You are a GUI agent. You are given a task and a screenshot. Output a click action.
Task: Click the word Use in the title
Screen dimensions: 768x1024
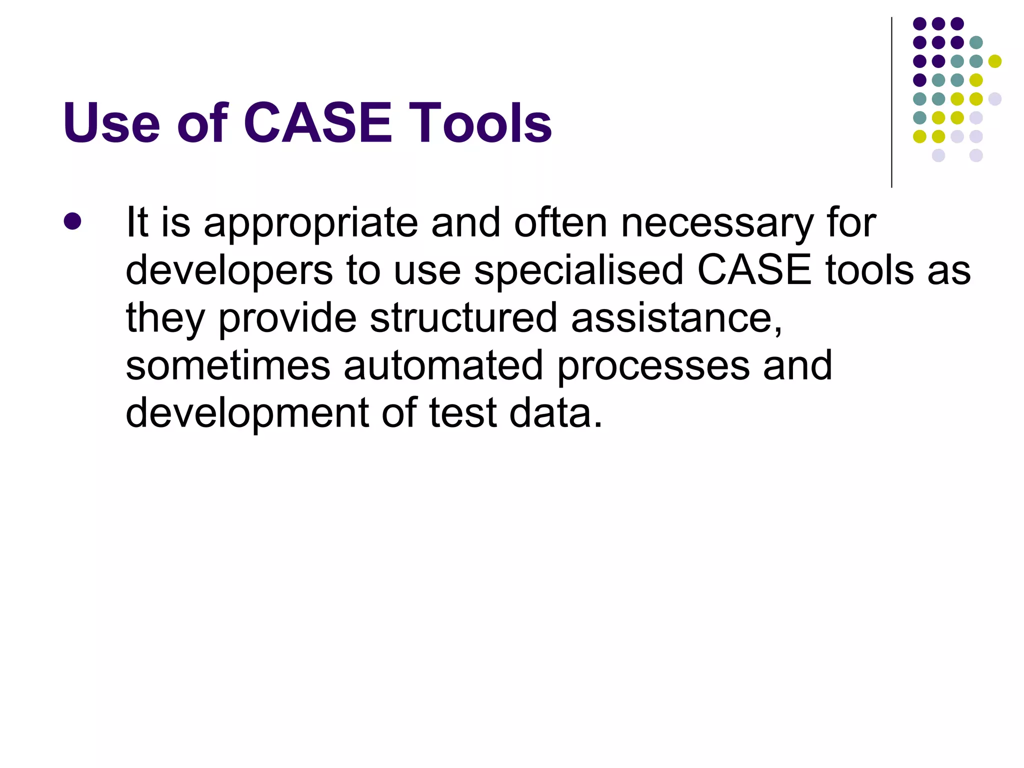click(x=111, y=123)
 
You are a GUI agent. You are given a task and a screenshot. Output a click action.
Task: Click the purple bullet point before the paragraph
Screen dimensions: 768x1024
click(x=72, y=221)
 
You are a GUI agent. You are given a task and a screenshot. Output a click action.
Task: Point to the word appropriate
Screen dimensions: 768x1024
click(x=310, y=223)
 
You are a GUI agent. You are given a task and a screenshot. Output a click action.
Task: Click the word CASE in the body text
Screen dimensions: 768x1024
click(x=754, y=270)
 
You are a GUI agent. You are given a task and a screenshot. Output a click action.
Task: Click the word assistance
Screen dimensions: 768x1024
click(x=676, y=318)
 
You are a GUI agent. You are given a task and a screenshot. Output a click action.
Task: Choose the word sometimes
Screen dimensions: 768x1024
click(x=228, y=365)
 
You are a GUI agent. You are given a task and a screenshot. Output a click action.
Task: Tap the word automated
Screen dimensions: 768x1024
click(x=443, y=365)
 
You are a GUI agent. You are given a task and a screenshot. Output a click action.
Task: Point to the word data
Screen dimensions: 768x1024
click(x=555, y=413)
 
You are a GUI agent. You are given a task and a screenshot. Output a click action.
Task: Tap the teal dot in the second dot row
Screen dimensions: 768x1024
click(x=976, y=42)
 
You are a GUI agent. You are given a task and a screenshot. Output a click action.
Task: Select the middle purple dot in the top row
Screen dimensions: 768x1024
click(x=938, y=23)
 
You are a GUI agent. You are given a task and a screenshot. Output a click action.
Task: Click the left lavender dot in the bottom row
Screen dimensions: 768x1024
click(x=938, y=155)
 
